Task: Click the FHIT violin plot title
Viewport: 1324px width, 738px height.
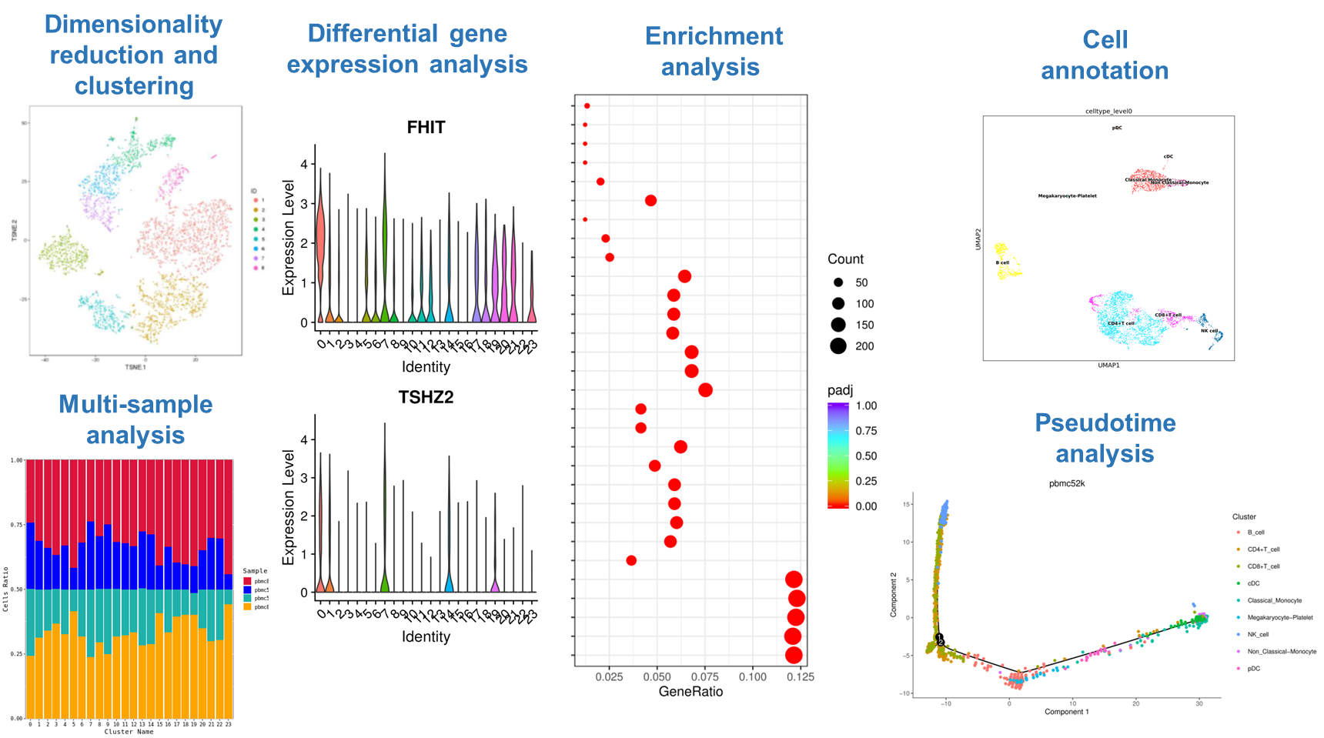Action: [x=426, y=127]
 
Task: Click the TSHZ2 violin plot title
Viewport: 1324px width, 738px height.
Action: [x=426, y=397]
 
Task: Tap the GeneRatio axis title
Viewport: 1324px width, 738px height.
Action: [x=690, y=692]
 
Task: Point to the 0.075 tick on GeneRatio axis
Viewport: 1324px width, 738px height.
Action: [x=704, y=676]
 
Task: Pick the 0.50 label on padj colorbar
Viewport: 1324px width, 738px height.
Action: [x=866, y=456]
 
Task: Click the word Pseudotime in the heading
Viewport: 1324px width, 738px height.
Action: [x=1105, y=422]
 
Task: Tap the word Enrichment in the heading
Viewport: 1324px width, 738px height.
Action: [x=714, y=36]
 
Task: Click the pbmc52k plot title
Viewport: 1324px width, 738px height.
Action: [x=1066, y=483]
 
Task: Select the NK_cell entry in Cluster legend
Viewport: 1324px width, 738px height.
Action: [x=1258, y=634]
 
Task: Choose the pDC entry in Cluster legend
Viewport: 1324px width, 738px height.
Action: [x=1253, y=668]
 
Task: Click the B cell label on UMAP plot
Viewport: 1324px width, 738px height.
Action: [x=1002, y=262]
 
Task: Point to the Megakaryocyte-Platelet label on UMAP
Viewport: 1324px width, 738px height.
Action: [x=1067, y=195]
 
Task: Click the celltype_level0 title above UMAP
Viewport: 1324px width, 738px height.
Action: [x=1108, y=111]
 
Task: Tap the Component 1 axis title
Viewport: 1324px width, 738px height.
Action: [x=1066, y=712]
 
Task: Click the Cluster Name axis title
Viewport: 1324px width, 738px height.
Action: [x=129, y=732]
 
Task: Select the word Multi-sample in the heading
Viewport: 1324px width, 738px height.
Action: [x=135, y=404]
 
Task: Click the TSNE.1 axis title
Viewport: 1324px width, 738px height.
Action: [x=135, y=367]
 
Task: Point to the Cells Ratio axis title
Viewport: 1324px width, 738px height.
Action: [x=5, y=589]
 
